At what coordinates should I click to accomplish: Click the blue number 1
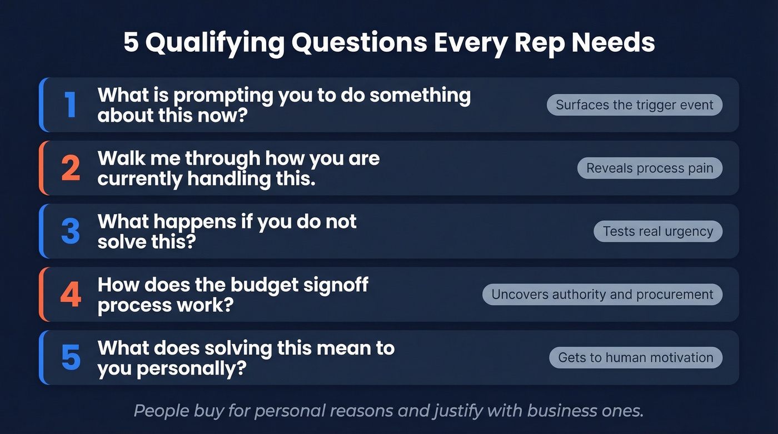coord(71,104)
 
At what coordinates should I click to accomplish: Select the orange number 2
coord(71,168)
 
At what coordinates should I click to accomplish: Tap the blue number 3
coord(71,231)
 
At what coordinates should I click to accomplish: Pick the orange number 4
coord(71,295)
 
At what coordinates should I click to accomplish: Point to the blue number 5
coord(71,358)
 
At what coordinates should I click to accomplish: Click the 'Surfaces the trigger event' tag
coord(635,105)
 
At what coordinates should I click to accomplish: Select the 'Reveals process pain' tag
coord(650,168)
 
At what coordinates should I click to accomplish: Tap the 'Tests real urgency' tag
coord(658,231)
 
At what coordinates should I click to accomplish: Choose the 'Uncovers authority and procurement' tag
coord(602,295)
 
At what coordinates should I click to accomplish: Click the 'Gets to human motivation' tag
coord(636,358)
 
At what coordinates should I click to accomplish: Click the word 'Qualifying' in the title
coord(215,43)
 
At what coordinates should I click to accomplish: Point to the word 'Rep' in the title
coord(535,43)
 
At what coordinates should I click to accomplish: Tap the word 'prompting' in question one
coord(223,96)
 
